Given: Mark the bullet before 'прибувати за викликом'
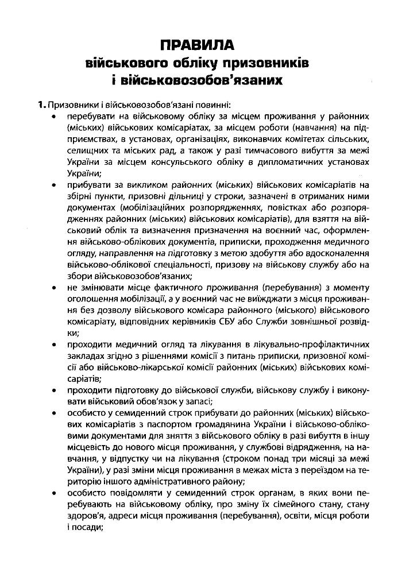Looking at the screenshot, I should (53, 185).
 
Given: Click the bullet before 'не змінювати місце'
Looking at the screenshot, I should (53, 287).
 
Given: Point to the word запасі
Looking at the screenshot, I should (197, 401).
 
